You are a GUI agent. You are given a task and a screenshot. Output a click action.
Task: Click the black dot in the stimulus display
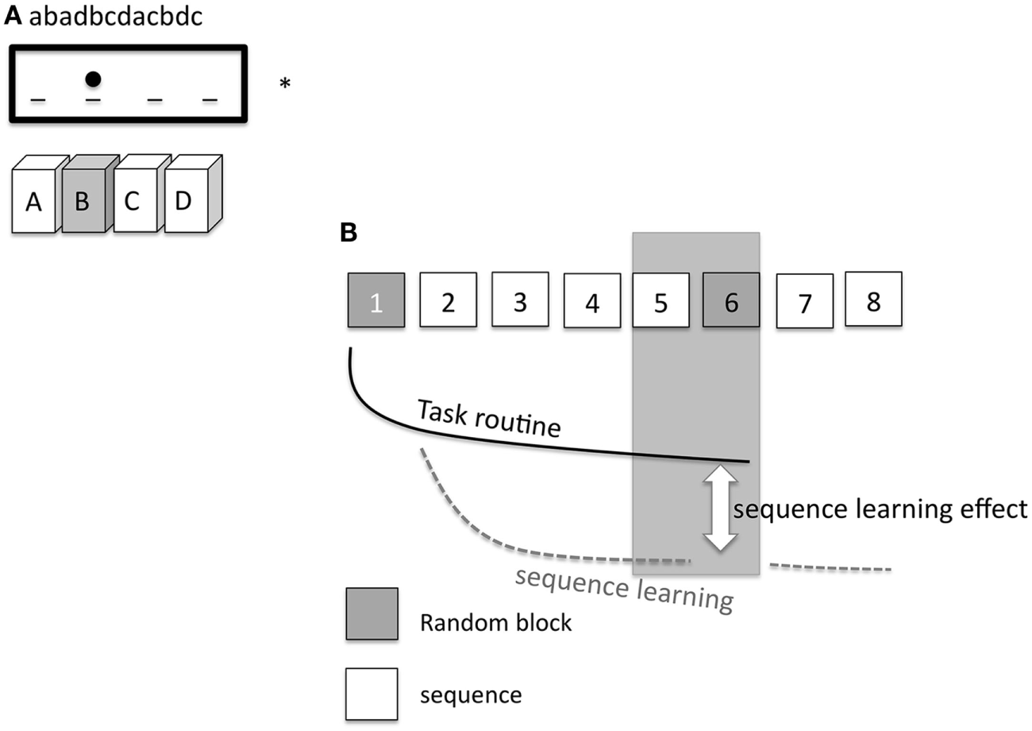(x=93, y=79)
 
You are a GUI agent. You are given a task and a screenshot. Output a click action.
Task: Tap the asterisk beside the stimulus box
(x=285, y=83)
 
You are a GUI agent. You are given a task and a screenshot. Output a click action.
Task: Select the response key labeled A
(x=33, y=203)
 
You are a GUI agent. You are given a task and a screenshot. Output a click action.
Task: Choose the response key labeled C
(x=132, y=201)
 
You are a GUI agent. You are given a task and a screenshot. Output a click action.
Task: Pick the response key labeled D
(x=184, y=201)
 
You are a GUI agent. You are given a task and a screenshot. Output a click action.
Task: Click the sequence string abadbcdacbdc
(x=115, y=17)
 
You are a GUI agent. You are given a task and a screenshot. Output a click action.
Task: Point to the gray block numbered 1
(x=376, y=300)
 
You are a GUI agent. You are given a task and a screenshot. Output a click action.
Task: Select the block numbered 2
(x=448, y=300)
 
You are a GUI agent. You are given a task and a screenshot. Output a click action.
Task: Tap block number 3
(x=520, y=299)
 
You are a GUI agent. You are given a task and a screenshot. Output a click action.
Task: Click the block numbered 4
(x=591, y=301)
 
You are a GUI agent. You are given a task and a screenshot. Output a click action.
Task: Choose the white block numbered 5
(x=660, y=300)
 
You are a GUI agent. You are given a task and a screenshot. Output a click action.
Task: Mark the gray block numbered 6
(x=731, y=300)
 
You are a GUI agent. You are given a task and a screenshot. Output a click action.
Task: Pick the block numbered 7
(x=804, y=301)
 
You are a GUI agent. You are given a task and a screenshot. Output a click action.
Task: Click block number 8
(x=873, y=299)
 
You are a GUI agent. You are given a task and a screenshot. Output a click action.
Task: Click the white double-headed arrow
(x=721, y=509)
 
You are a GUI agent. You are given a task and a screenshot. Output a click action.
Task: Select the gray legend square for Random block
(x=372, y=613)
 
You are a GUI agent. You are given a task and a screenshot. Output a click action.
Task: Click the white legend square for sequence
(x=372, y=694)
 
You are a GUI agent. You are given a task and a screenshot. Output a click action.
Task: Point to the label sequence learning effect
(x=880, y=509)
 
